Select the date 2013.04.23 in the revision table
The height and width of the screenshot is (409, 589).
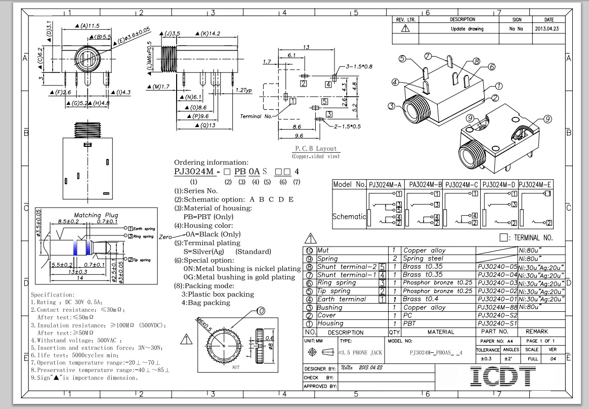(x=549, y=29)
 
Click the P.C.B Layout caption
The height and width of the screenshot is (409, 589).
(x=316, y=149)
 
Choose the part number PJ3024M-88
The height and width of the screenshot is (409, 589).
(x=497, y=307)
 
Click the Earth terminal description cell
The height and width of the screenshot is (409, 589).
(x=342, y=299)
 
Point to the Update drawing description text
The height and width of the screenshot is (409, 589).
(x=467, y=29)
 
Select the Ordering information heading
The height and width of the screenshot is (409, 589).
(x=211, y=162)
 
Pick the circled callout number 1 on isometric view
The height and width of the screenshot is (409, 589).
(x=499, y=86)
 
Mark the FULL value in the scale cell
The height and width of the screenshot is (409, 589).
(x=532, y=359)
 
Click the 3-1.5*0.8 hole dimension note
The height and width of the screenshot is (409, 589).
(x=359, y=66)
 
